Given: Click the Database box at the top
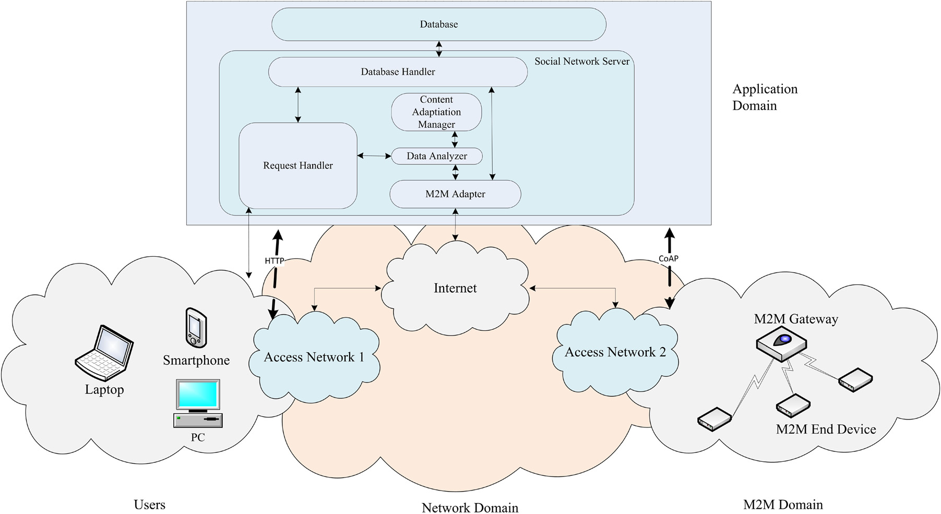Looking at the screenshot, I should coord(438,25).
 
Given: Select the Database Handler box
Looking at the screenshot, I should coord(398,72).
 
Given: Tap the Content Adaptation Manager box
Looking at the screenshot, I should coord(436,112).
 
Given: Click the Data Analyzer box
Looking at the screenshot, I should coord(437,156).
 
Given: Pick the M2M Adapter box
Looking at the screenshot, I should coord(455,194).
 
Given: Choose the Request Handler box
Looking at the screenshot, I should coord(297,165).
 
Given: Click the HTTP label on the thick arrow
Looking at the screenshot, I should coord(275,260).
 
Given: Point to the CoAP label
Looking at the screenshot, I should coord(669,258).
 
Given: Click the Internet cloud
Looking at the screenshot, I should coord(455,288).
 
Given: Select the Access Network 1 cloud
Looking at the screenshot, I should coord(314,357).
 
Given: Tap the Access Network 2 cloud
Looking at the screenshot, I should coord(615,352).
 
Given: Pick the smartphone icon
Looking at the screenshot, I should coord(196,328).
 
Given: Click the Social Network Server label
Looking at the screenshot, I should coord(582,62).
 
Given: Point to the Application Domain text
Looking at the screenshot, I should coord(765,97).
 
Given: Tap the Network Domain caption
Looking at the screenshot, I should coord(470,507).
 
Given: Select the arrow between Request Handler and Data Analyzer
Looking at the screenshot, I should coord(374,156).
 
